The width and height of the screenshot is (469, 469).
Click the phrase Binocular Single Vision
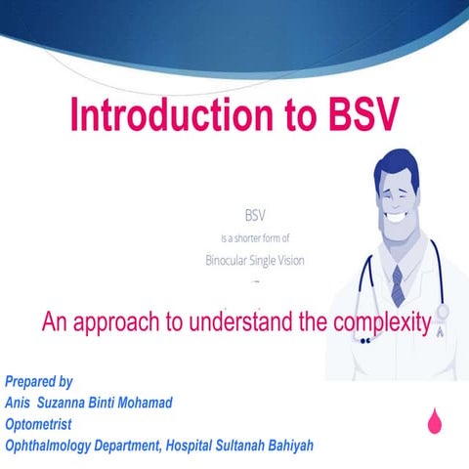[254, 260]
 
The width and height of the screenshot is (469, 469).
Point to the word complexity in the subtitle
[376, 321]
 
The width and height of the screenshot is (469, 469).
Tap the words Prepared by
[39, 381]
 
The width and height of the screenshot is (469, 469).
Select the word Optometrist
[39, 424]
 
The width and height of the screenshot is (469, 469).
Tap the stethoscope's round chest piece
[443, 316]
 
